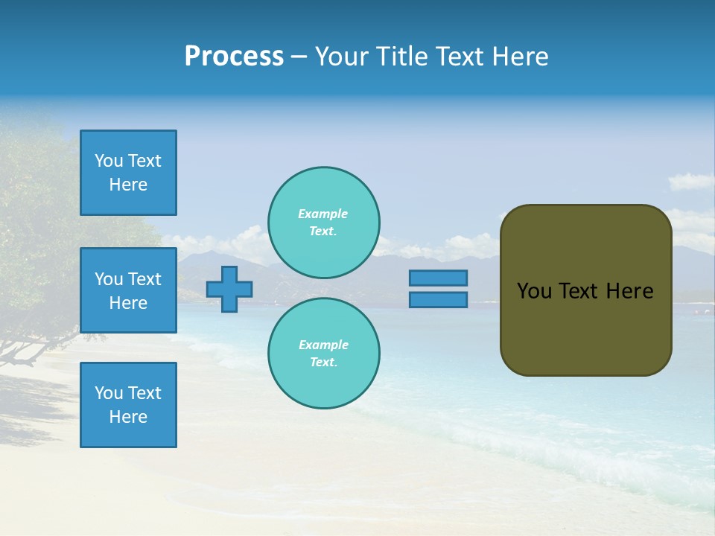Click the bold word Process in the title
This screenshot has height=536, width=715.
pyautogui.click(x=234, y=57)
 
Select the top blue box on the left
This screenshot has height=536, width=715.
pyautogui.click(x=128, y=173)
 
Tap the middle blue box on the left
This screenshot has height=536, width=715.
pyautogui.click(x=128, y=290)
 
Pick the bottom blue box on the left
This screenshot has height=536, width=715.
pyautogui.click(x=128, y=405)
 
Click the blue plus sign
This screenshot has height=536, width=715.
pyautogui.click(x=229, y=290)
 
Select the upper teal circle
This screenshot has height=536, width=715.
pyautogui.click(x=324, y=223)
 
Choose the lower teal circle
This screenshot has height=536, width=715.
pyautogui.click(x=324, y=354)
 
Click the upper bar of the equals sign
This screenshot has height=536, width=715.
pyautogui.click(x=438, y=278)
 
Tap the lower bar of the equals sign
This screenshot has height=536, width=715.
pyautogui.click(x=438, y=299)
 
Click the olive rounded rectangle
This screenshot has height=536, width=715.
pyautogui.click(x=585, y=328)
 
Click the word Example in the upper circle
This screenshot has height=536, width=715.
pyautogui.click(x=323, y=214)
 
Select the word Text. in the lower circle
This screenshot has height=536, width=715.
pyautogui.click(x=323, y=363)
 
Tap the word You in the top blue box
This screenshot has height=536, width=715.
pyautogui.click(x=109, y=161)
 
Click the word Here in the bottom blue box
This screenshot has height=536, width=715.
pyautogui.click(x=128, y=417)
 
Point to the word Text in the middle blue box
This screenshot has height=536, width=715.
pyautogui.click(x=144, y=279)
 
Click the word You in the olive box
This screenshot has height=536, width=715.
pyautogui.click(x=534, y=291)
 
